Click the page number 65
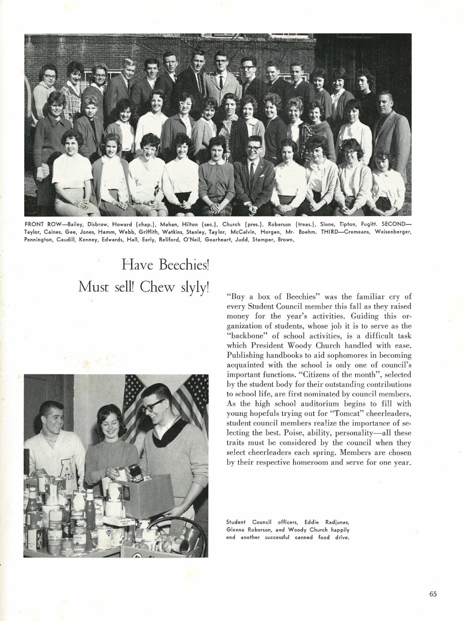(x=433, y=595)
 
